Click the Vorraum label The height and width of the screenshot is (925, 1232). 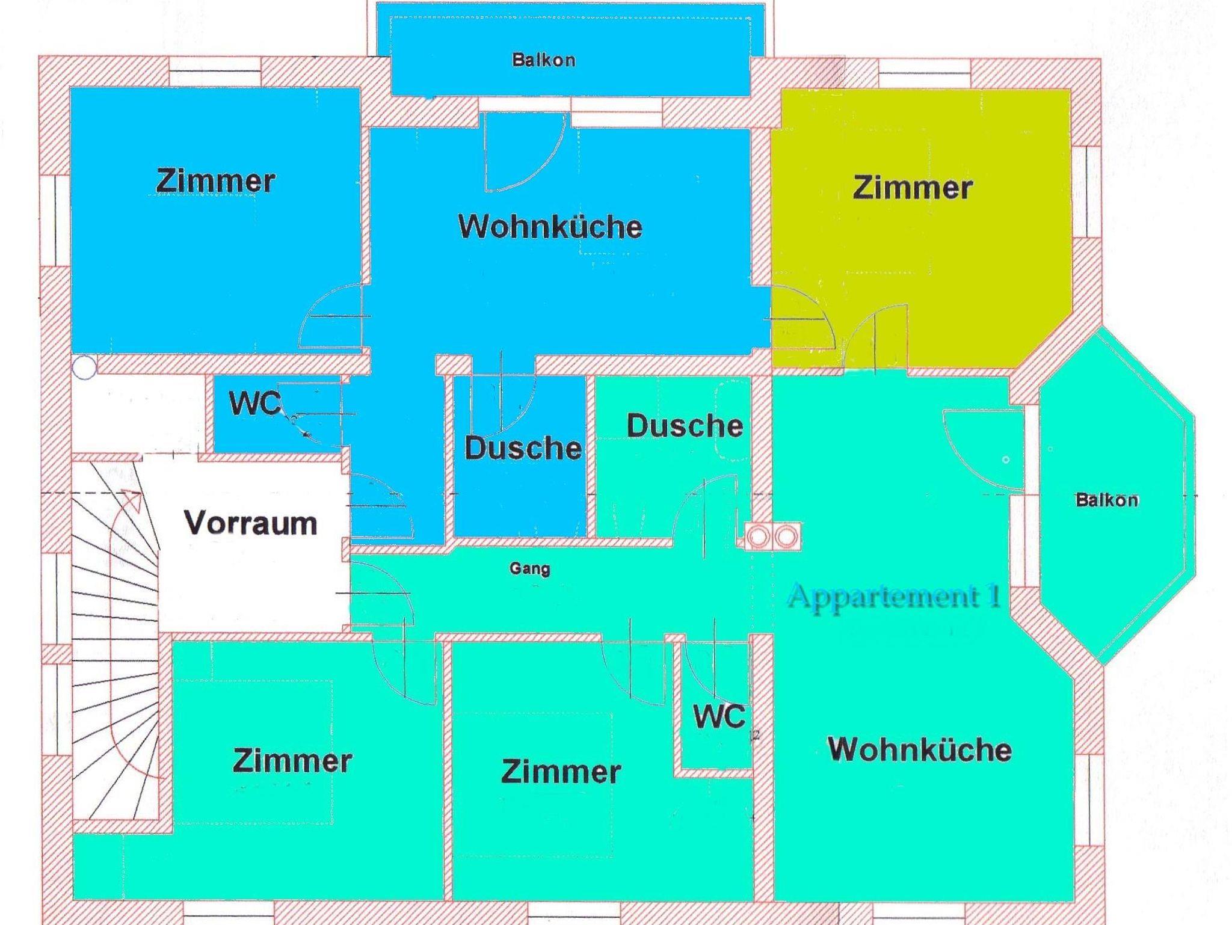click(x=251, y=523)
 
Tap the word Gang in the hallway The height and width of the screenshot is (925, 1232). click(x=529, y=568)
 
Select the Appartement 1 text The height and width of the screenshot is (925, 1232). click(x=895, y=596)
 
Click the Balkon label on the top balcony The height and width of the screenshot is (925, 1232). click(x=544, y=60)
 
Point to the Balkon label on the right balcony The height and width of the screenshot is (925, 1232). click(x=1107, y=500)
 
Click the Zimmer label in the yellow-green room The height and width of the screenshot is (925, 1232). click(x=913, y=188)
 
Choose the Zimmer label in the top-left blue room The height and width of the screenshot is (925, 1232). click(x=215, y=180)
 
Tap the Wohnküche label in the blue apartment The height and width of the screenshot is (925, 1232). click(x=550, y=227)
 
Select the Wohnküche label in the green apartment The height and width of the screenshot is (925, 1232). click(x=920, y=749)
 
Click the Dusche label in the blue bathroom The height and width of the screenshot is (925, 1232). click(x=523, y=448)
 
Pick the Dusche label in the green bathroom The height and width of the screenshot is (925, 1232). click(x=685, y=426)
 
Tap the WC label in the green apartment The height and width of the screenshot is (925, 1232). click(x=719, y=716)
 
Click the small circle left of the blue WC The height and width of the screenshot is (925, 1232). click(x=85, y=367)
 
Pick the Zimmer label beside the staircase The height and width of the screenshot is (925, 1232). click(x=292, y=761)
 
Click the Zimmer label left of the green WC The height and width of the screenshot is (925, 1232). click(x=561, y=772)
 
